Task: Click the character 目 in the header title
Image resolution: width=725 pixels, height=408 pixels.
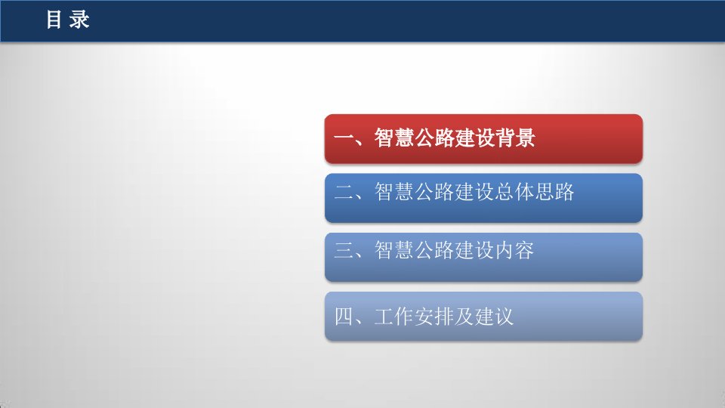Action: (54, 20)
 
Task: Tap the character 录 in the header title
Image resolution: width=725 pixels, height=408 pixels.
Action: (79, 20)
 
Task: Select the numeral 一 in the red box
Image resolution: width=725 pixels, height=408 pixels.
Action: (344, 138)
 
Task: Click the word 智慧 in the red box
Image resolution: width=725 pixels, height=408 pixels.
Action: (394, 138)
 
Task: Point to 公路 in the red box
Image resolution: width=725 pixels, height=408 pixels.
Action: (434, 138)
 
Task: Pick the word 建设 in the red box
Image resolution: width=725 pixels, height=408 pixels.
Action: (474, 138)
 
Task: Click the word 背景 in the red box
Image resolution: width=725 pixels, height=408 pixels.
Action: (515, 138)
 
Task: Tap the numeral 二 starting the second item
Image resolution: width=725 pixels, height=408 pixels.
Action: (344, 191)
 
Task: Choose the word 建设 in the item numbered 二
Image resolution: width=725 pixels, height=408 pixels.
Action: (474, 191)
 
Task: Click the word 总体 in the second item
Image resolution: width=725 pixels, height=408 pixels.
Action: (514, 191)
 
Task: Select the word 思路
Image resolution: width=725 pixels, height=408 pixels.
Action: (555, 191)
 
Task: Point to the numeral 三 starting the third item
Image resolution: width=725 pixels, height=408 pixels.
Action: (344, 250)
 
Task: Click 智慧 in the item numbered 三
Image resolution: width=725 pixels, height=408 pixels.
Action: (394, 250)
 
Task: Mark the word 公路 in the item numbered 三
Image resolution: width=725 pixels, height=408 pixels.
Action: (434, 250)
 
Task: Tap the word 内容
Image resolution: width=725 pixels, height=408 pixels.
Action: (514, 250)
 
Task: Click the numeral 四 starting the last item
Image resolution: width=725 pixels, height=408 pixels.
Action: (344, 317)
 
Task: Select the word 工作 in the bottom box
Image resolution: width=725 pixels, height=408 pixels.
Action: (394, 317)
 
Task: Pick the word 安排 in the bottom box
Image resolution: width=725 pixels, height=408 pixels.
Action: (434, 317)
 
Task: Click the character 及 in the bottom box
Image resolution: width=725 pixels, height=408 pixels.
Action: (464, 317)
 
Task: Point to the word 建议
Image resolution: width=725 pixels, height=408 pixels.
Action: (494, 317)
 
